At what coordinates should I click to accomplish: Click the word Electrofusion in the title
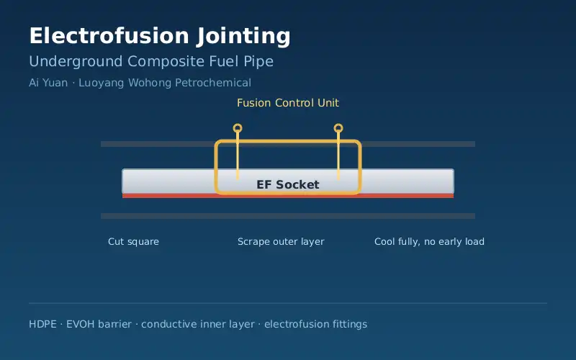[109, 35]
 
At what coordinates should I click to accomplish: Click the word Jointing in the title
[243, 37]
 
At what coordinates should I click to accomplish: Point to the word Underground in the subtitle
[76, 62]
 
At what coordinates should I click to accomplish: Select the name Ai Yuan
[48, 83]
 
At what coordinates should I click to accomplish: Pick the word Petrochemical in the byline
[213, 83]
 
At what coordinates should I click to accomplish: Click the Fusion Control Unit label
[288, 103]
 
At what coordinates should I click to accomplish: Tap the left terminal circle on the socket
[238, 128]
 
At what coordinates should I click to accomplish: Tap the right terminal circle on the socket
[338, 128]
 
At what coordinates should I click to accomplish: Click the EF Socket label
[288, 184]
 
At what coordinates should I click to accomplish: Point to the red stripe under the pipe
[288, 196]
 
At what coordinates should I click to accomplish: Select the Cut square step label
[133, 242]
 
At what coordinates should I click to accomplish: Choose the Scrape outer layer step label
[281, 242]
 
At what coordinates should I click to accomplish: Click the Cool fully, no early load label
[429, 242]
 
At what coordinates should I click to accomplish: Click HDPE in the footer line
[42, 324]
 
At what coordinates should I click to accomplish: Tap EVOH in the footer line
[78, 324]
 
